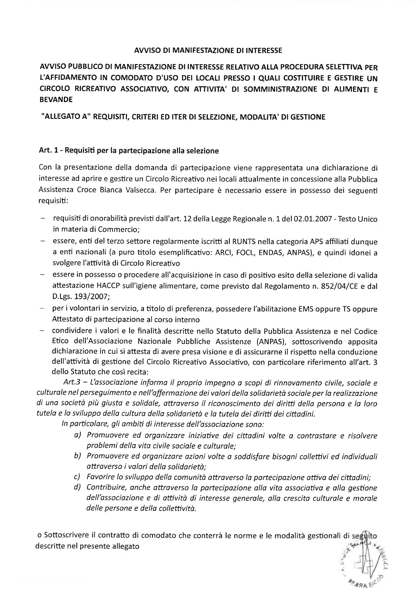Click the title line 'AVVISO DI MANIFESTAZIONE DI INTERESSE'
coord(208,51)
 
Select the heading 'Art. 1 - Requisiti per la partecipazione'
coord(129,151)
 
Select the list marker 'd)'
coord(78,488)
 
